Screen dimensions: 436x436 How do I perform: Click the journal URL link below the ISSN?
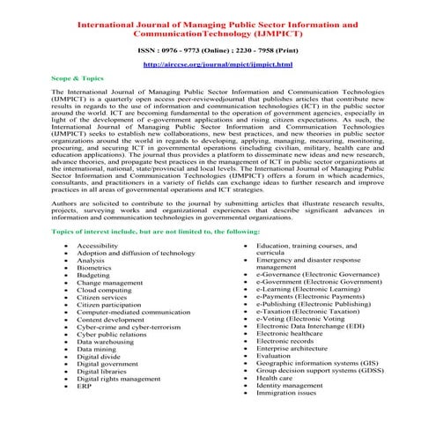217,65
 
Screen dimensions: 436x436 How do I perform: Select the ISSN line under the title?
217,51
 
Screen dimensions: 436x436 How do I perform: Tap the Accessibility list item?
100,244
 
